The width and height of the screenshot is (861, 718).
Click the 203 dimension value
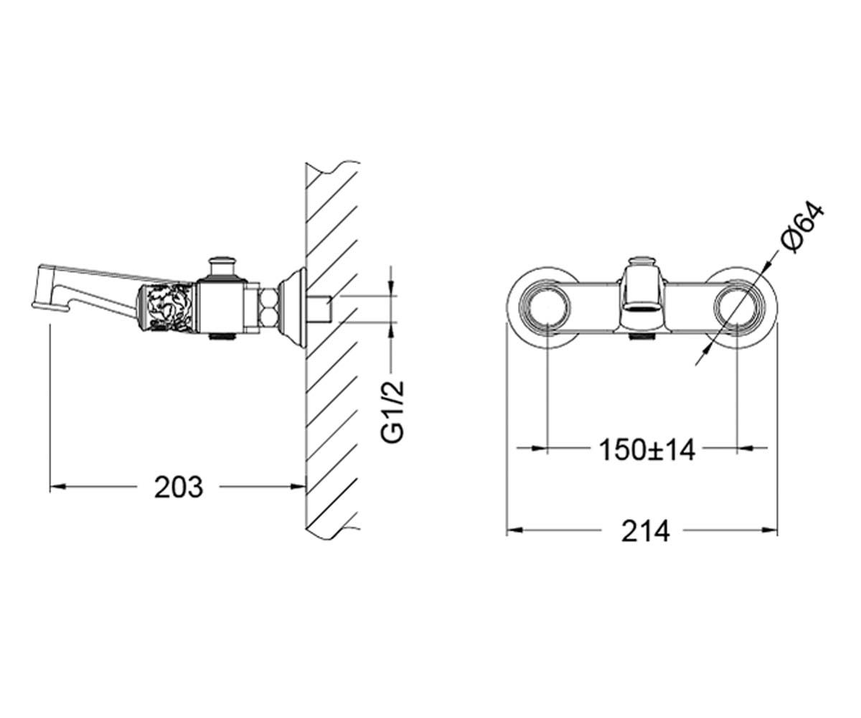[x=179, y=488]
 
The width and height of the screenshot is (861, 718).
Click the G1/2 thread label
[x=393, y=411]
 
